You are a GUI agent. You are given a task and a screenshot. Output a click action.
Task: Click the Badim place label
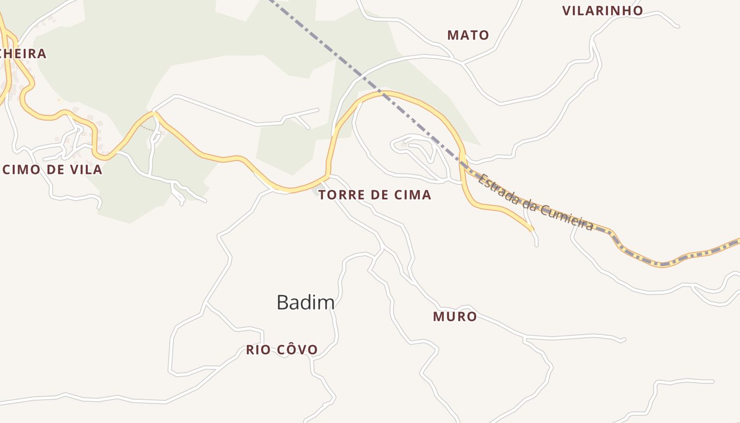[x=306, y=302]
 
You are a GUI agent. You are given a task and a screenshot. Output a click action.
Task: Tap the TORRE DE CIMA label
[x=375, y=195]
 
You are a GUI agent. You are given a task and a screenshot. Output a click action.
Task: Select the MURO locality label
[x=455, y=317]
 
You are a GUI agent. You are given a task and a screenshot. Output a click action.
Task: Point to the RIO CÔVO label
[x=282, y=350]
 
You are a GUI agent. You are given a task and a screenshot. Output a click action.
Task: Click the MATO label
[x=468, y=35]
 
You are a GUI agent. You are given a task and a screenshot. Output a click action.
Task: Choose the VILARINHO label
[x=602, y=11]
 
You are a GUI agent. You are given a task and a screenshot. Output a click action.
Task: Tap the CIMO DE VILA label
[x=52, y=170]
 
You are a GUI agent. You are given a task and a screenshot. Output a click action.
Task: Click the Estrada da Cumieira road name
[x=535, y=203]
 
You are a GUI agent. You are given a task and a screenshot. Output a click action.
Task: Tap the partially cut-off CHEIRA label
[x=24, y=53]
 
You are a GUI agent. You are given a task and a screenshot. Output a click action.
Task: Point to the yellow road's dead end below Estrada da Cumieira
[x=531, y=229]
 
